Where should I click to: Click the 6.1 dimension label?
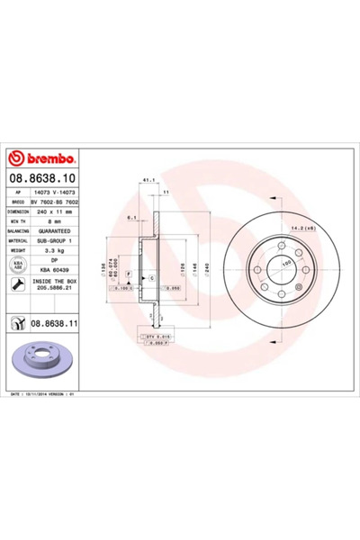[131, 217]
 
